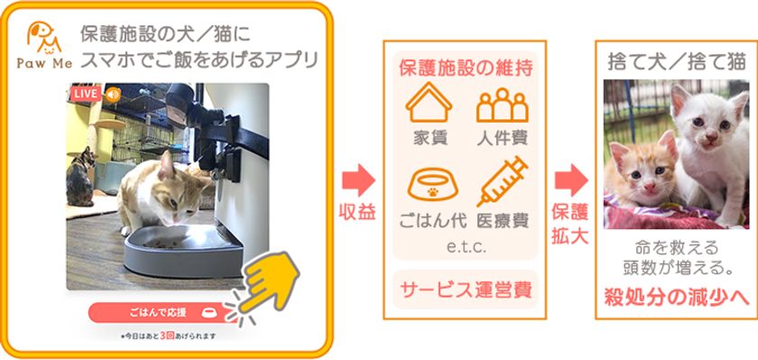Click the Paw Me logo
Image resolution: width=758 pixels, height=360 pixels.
click(42, 46)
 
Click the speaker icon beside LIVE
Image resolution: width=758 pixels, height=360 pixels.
click(113, 94)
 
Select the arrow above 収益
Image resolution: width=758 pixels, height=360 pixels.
click(359, 180)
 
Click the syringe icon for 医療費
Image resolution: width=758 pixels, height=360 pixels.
click(502, 181)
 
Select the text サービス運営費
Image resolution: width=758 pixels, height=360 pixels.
click(465, 291)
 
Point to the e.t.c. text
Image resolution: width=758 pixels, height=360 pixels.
click(465, 246)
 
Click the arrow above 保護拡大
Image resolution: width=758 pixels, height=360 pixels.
click(569, 180)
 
